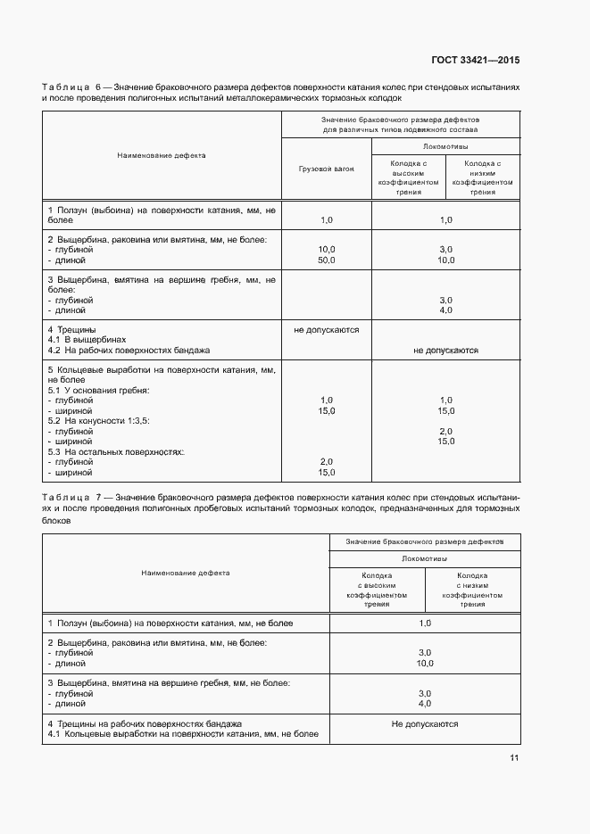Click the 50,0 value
pos(326,260)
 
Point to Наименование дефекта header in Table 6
pos(162,155)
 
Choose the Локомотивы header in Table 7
pos(424,557)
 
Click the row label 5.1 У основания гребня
pos(98,390)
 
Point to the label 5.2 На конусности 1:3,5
pos(98,420)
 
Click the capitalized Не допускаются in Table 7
pos(424,724)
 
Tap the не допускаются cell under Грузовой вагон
pos(326,329)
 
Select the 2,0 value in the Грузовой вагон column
pos(326,461)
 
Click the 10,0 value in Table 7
pos(424,663)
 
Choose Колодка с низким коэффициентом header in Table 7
pos(472,590)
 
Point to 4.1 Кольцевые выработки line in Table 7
pos(182,733)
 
